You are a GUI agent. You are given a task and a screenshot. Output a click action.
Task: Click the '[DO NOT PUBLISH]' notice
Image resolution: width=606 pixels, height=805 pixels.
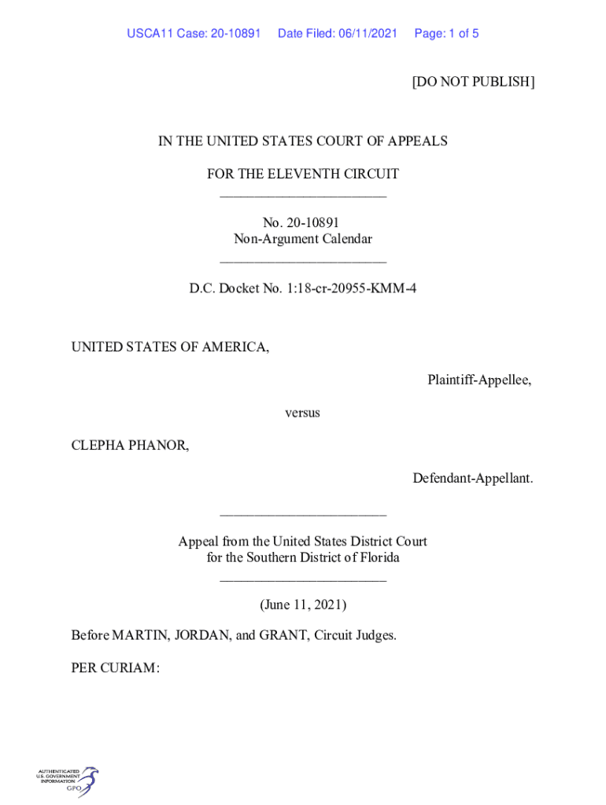point(473,82)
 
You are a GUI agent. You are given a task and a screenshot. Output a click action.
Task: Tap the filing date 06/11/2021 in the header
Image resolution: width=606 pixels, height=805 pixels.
point(368,34)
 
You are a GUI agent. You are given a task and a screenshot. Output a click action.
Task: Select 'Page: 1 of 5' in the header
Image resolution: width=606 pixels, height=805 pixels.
point(446,34)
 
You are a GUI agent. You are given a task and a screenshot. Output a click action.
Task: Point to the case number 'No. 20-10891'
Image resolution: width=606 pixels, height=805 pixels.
point(302,223)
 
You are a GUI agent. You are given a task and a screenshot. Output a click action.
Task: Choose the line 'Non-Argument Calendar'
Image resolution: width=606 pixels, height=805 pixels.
point(302,239)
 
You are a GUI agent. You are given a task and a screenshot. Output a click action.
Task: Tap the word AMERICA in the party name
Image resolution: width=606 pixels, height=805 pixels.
point(235,347)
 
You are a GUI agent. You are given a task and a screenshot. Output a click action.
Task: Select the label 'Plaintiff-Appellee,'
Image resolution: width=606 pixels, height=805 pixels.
point(479,380)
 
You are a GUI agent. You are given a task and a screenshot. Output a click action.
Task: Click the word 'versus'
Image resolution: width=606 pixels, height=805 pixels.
point(302,413)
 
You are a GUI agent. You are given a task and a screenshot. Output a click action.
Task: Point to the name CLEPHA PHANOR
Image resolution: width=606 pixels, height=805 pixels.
point(130,446)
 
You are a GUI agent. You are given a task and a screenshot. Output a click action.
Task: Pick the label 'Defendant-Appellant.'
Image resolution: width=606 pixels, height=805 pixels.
point(472,478)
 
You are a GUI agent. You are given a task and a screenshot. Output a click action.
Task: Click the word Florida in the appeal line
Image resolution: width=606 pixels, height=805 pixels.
point(375,558)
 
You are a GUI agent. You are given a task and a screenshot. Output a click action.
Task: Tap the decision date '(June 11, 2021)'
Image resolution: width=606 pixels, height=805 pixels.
point(303,605)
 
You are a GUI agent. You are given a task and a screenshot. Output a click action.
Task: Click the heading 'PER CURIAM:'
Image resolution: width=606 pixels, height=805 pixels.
point(116,668)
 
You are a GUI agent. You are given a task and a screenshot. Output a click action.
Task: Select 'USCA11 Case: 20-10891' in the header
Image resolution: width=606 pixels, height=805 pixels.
point(194,34)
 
